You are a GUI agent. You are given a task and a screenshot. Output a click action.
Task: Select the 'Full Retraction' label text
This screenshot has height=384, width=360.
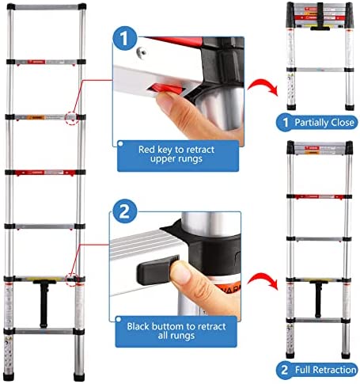tap(322, 369)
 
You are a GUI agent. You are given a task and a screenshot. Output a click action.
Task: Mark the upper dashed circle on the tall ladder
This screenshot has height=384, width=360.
tap(72, 118)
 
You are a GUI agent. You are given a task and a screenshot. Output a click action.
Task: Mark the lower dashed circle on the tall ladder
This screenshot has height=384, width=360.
tap(73, 278)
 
